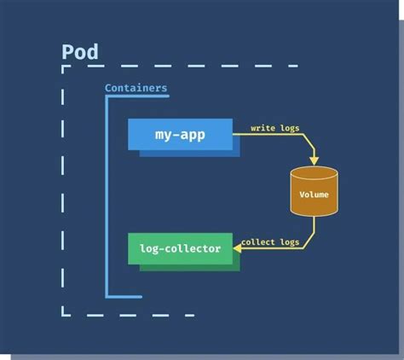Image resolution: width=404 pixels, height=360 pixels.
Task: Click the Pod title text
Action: [x=80, y=52]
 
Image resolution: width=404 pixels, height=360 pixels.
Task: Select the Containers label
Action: [x=136, y=88]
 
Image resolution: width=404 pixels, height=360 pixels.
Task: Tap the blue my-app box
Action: [x=180, y=134]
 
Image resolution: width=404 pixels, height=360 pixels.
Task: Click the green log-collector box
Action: [x=180, y=248]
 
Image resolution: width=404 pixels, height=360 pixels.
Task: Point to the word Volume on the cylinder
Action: [x=314, y=195]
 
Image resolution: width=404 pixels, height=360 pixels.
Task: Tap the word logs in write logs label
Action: [x=287, y=128]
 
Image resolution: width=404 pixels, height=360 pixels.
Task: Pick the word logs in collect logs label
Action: [x=290, y=242]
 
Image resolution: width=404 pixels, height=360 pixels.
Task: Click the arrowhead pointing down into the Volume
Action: [x=314, y=160]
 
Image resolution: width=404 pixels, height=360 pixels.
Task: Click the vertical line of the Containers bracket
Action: [x=107, y=196]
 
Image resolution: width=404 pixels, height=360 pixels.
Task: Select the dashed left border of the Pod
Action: [x=63, y=188]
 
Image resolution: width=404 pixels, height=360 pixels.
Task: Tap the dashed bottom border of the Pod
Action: [x=128, y=315]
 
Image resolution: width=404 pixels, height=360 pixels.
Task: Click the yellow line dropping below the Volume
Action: [x=314, y=229]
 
